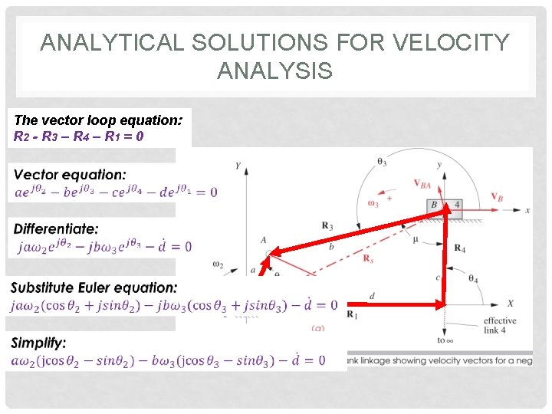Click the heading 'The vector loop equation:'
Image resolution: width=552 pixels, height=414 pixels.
click(x=98, y=120)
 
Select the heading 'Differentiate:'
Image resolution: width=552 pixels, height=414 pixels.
click(x=56, y=229)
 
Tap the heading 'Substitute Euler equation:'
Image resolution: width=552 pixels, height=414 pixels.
click(x=94, y=287)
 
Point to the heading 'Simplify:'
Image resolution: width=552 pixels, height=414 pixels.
click(x=38, y=343)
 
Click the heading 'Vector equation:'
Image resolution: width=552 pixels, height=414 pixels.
click(x=70, y=175)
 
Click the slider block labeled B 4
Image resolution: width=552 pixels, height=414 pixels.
click(x=445, y=205)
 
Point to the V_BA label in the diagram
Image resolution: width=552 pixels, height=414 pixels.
click(x=422, y=183)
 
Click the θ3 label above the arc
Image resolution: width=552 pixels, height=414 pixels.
click(x=382, y=161)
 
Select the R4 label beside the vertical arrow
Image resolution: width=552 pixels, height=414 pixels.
click(x=460, y=248)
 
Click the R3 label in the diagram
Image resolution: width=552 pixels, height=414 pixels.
click(x=327, y=225)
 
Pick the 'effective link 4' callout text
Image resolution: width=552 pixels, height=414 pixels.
click(x=500, y=326)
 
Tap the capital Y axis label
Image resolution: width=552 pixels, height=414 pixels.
click(x=238, y=166)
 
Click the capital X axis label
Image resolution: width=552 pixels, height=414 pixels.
click(x=510, y=304)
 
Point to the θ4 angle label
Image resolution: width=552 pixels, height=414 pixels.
click(x=473, y=279)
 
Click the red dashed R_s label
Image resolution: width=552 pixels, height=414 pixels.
click(x=368, y=258)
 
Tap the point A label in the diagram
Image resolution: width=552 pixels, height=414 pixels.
click(x=263, y=239)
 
